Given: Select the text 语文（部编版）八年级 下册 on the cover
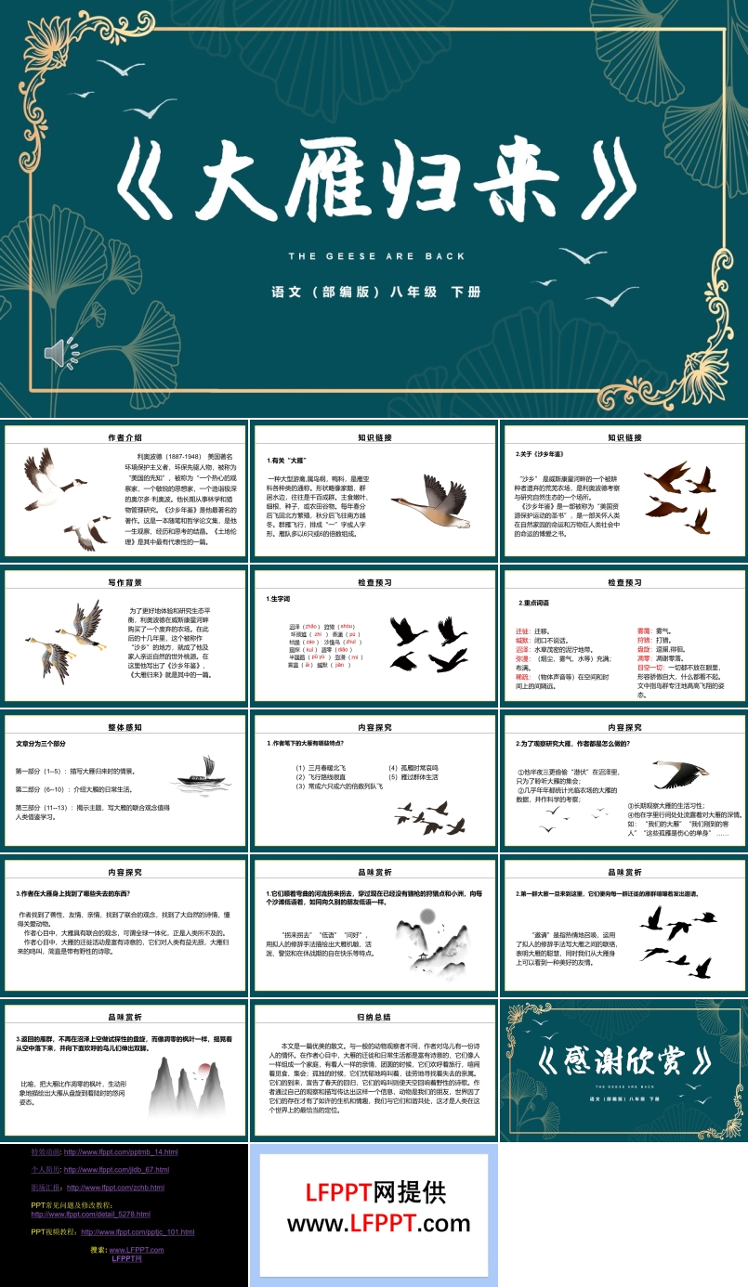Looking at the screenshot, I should tap(375, 292).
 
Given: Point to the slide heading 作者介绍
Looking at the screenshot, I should tap(125, 436).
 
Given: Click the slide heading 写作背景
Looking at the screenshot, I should tap(125, 582).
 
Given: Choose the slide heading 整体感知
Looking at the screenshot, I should tap(125, 727).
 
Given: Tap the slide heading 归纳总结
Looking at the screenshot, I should tap(374, 1018).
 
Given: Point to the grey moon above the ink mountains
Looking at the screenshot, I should tap(427, 916).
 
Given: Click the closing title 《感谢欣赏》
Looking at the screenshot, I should tap(624, 1059).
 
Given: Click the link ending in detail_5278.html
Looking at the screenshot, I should tap(90, 1214).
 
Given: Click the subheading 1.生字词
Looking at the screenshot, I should tap(281, 599).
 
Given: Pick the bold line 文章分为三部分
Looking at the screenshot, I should tap(42, 744).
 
